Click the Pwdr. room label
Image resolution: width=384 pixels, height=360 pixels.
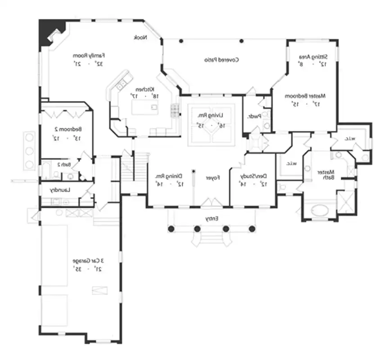click(x=254, y=116)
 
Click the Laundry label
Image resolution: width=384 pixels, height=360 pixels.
click(x=60, y=190)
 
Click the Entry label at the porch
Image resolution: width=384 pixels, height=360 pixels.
click(x=212, y=219)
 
